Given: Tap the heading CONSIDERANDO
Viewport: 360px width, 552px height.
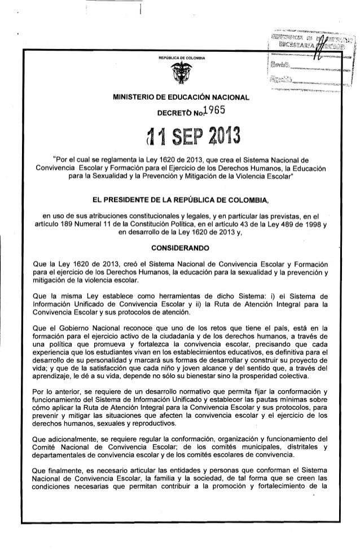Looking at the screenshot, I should coord(181,247).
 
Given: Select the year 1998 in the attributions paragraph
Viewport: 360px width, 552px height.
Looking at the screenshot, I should coord(311,227).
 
